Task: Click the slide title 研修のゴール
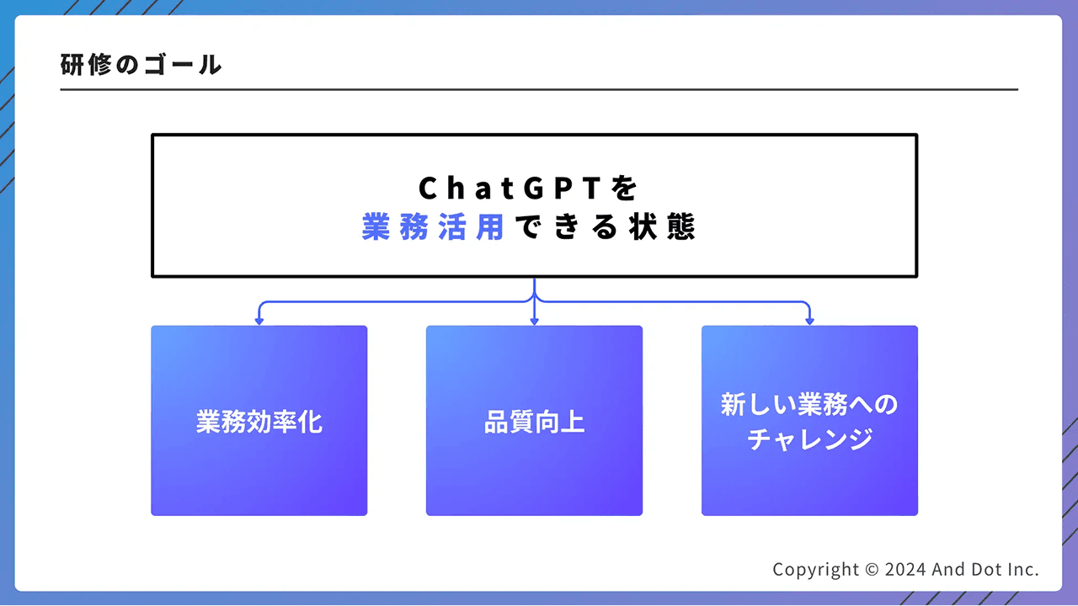click(x=141, y=65)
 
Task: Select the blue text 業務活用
click(x=433, y=227)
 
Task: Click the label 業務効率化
click(x=259, y=422)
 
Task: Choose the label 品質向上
click(x=534, y=422)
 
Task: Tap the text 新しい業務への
click(x=809, y=405)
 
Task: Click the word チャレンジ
click(x=809, y=439)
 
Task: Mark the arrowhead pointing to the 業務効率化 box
click(x=259, y=321)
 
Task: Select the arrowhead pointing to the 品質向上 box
click(x=534, y=321)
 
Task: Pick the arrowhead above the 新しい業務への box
click(x=809, y=321)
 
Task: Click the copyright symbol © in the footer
click(x=873, y=570)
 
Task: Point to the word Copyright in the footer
click(x=816, y=570)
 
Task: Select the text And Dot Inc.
click(x=985, y=570)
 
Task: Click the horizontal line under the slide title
click(x=539, y=89)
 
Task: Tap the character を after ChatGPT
click(x=626, y=188)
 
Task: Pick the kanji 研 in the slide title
click(x=73, y=65)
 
